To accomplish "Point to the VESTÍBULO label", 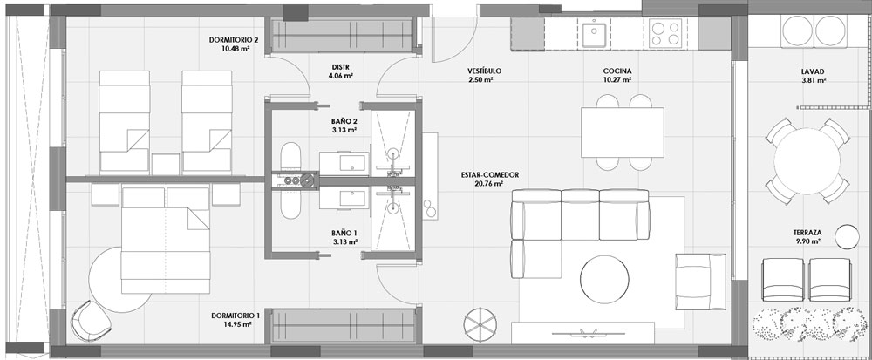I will point(480,70).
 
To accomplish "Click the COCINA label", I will point(617,70).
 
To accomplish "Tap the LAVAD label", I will point(813,70).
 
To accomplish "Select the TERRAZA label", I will point(808,233).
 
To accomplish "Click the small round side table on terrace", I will point(845,236).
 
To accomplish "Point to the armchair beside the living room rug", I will point(700,278).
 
